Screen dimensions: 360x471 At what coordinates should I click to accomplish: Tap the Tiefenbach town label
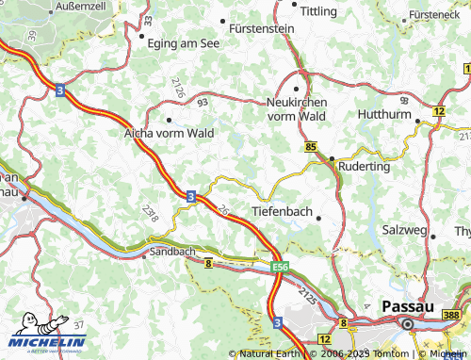coord(282,211)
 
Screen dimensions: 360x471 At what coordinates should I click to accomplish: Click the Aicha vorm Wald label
coord(170,134)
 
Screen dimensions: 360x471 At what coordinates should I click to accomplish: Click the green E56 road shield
coord(280,268)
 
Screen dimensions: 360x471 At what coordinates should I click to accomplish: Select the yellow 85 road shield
coord(311,147)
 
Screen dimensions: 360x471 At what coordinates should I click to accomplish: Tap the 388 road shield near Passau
coord(454,314)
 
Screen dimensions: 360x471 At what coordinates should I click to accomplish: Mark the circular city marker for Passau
coord(408,324)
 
